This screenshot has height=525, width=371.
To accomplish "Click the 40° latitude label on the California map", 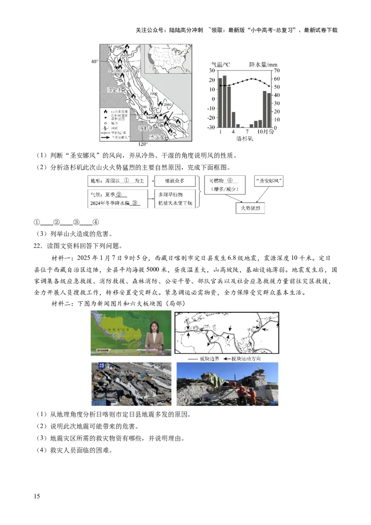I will tap(94, 62).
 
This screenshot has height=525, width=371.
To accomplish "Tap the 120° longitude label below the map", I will tap(143, 144).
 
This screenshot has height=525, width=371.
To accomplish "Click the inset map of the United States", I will tap(168, 58).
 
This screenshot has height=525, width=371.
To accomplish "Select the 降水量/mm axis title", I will tap(263, 64).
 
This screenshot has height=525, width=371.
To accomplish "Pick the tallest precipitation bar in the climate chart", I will tap(224, 101).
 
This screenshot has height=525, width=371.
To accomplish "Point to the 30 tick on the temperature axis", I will tap(212, 70).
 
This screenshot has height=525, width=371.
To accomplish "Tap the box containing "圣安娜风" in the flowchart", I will tap(269, 180).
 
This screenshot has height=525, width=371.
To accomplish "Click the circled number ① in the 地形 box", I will tap(126, 180).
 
